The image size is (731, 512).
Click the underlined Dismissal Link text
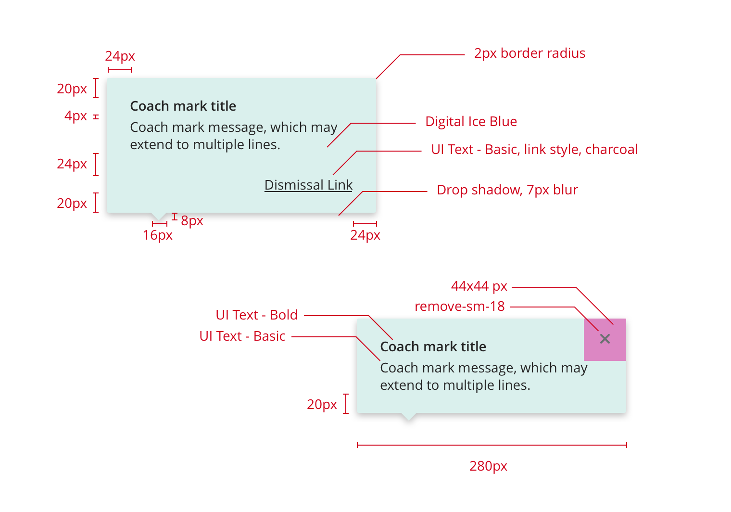308,185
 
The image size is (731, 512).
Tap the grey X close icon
605,339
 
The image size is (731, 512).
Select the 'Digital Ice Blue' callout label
471,122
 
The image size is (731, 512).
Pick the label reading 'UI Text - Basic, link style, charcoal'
534,150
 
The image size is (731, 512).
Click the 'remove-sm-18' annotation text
459,307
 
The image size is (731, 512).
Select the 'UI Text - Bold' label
256,315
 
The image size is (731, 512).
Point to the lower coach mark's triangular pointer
409,416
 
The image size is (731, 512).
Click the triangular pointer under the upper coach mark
159,216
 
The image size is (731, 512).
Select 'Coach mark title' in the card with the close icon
433,346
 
